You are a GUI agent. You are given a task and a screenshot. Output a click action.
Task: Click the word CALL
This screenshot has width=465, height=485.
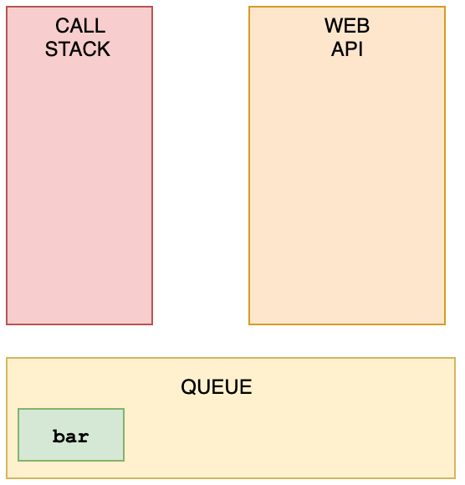pos(80,25)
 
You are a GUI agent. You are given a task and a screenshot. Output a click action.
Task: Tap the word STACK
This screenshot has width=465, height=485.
pos(78,48)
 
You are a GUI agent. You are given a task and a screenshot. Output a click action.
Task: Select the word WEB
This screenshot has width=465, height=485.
pos(347,25)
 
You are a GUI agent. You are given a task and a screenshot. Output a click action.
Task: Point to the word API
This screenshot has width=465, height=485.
pos(347,48)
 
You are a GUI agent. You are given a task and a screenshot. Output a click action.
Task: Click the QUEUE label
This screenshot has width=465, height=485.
pos(217,386)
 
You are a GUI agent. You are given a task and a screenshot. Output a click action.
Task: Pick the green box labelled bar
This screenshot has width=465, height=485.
pos(71,435)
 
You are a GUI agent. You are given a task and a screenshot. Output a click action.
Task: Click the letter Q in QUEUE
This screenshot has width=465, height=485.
pos(188,387)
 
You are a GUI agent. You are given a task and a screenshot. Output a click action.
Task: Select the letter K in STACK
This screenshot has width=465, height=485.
pos(104,48)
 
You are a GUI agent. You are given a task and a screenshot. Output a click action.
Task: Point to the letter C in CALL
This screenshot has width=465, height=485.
pos(62,25)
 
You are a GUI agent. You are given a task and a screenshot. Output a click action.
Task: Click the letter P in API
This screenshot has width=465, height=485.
pos(352,48)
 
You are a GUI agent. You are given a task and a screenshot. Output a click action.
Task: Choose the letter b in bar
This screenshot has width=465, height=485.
pos(59,436)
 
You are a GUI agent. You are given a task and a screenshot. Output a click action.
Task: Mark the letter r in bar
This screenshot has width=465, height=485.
pos(83,438)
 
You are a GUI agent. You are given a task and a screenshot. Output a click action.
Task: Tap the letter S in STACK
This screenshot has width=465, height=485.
pos(51,48)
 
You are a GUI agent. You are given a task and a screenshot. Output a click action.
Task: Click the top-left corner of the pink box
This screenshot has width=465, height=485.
pos(7,7)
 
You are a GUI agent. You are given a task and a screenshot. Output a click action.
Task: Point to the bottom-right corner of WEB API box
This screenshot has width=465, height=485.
pos(445,324)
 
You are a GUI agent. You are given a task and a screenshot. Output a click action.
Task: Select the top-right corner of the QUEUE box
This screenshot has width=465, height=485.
pos(455,358)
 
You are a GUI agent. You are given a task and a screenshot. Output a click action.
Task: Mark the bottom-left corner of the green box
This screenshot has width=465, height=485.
pos(18,461)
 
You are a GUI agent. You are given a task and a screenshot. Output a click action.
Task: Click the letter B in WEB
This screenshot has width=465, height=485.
pos(364,25)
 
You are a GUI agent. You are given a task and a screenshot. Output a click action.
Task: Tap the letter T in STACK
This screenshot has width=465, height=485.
pos(64,48)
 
